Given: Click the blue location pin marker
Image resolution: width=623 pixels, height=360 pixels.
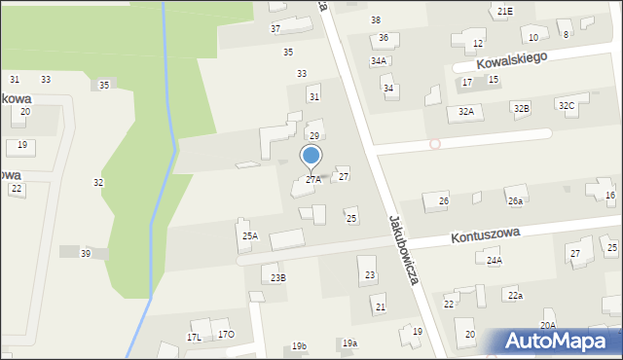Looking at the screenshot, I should (311, 156).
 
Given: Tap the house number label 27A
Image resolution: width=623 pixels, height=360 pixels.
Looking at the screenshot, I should (312, 179).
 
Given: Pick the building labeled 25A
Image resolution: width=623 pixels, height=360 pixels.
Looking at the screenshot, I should (250, 235).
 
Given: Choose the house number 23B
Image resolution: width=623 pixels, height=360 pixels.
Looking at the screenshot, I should (278, 278).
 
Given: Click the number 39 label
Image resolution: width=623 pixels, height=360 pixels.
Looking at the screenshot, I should (86, 253).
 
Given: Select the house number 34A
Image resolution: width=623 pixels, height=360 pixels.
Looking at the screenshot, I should (378, 60).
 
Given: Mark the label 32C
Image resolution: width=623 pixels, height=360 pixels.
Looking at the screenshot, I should (567, 105).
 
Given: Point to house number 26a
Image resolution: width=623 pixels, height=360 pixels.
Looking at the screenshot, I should (515, 201).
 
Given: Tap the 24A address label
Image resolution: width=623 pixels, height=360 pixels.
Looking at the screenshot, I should (495, 261).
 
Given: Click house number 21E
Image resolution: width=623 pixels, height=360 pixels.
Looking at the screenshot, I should (504, 11).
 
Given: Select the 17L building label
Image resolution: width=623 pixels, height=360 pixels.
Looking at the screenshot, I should (195, 338).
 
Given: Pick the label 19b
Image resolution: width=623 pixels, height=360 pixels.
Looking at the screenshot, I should (299, 346).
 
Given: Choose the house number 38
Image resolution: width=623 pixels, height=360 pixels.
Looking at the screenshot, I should (376, 20).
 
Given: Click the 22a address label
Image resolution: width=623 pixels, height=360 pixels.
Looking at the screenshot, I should (515, 295).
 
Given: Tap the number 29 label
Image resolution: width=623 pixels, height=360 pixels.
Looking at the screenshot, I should (314, 135).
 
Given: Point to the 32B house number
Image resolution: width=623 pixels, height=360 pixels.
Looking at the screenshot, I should (522, 108).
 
